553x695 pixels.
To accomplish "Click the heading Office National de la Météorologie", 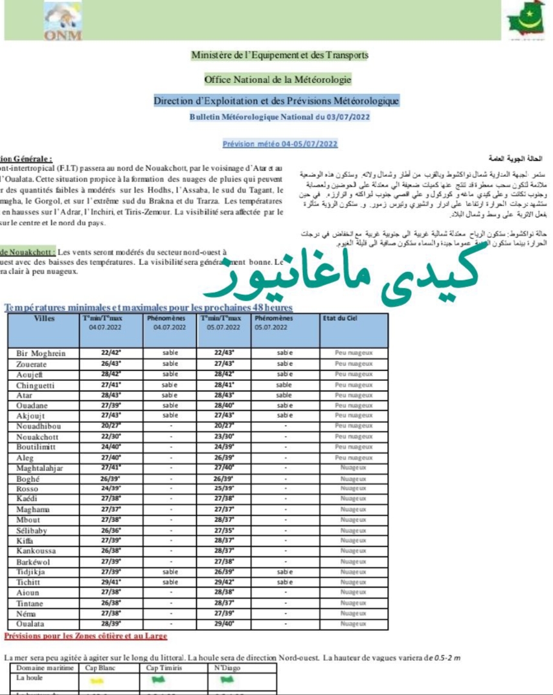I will pos(278,80).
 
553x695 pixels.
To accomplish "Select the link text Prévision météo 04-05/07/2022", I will pos(280,144).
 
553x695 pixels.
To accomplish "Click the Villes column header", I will pos(44,319).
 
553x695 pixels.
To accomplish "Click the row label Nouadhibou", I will pos(39,426).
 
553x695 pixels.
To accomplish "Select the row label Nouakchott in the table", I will pos(39,437).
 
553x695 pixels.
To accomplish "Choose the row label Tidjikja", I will pos(34,572).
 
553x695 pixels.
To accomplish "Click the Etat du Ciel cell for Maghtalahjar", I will pos(354,468).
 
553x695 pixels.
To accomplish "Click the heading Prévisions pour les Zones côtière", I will pos(85,637).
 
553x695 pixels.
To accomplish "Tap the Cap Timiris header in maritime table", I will pos(163,668).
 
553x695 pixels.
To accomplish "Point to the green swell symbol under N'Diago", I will pos(227,680).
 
